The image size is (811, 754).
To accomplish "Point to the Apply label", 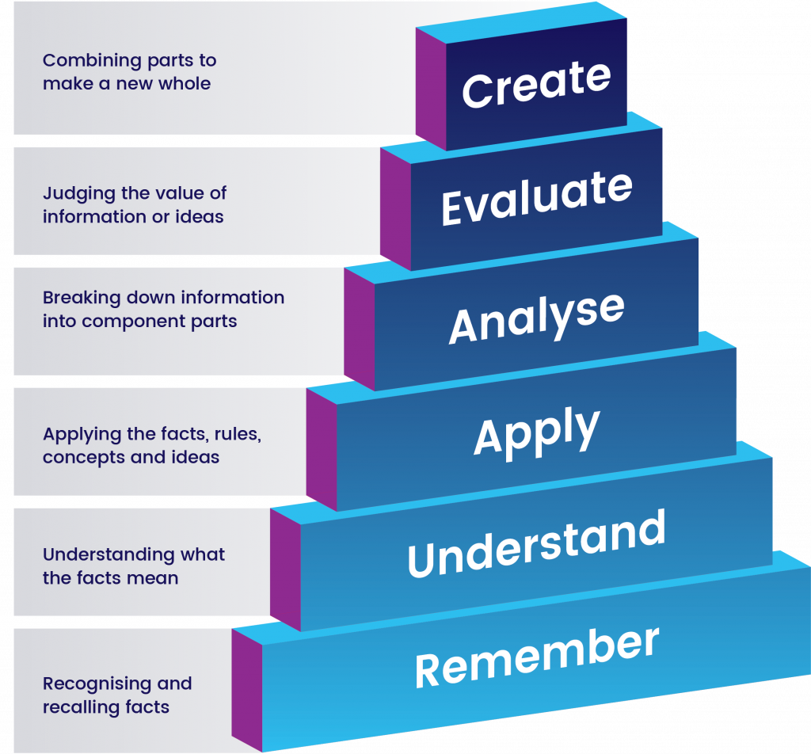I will click(536, 432).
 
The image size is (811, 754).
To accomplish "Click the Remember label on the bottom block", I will click(536, 657).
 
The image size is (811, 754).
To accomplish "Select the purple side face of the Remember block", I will click(247, 688).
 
